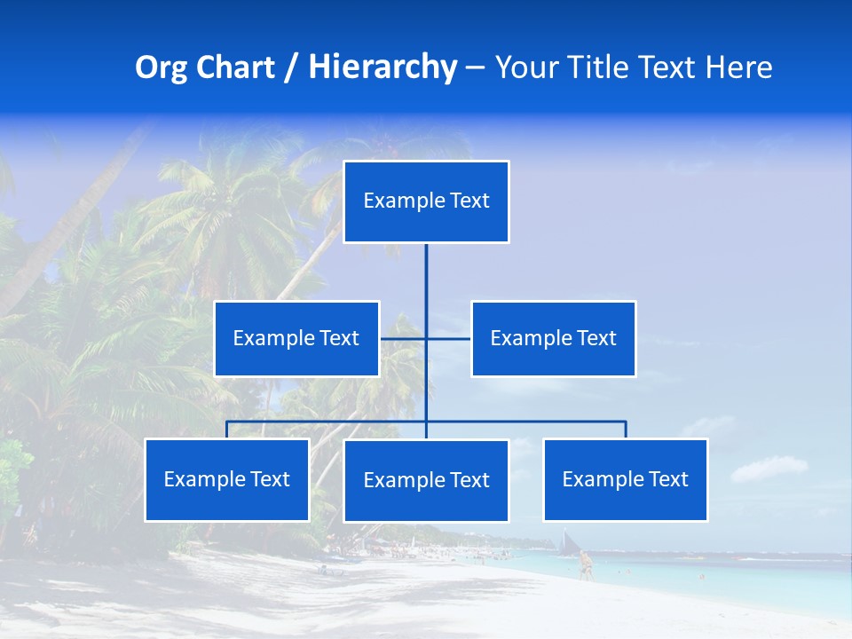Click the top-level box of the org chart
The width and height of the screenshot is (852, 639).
(x=426, y=201)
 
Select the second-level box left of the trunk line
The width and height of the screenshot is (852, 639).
(x=296, y=338)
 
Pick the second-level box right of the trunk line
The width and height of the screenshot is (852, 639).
(x=553, y=338)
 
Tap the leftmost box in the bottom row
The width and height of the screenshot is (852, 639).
(x=226, y=479)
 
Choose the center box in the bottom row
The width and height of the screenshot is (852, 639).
(x=426, y=480)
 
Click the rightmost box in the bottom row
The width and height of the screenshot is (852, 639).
(x=625, y=479)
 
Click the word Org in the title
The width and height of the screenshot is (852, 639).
(x=161, y=67)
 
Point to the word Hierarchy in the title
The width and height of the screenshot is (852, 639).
(x=382, y=67)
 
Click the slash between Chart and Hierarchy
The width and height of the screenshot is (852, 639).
(x=291, y=67)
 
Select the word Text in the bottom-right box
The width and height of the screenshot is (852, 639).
(x=667, y=479)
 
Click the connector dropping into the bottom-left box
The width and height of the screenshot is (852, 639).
(x=226, y=430)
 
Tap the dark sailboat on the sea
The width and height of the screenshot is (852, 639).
(x=567, y=540)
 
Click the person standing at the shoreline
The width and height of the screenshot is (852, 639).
(x=585, y=565)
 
